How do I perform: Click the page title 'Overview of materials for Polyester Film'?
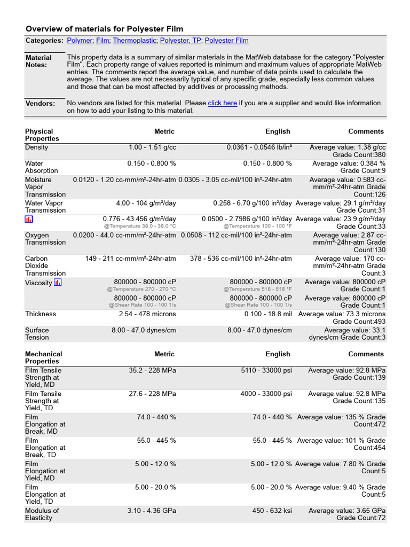point(104,29)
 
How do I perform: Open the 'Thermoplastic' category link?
point(135,41)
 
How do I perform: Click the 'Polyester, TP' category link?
point(180,41)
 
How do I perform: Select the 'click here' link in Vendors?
point(222,103)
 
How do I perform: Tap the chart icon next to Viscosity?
point(58,283)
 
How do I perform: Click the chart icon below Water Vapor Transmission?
point(29,220)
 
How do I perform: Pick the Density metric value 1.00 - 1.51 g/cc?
point(152,147)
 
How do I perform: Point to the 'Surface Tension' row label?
point(37,334)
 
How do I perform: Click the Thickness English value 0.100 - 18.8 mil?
point(269,314)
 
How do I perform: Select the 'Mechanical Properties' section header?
point(43,357)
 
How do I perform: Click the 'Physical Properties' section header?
point(39,135)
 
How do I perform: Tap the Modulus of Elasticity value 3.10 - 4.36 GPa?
point(152,511)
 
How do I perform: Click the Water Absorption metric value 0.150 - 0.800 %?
point(152,163)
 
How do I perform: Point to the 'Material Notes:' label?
point(39,61)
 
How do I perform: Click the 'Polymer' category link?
point(80,41)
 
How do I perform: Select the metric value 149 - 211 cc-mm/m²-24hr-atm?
point(130,259)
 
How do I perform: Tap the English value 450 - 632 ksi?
point(272,511)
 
